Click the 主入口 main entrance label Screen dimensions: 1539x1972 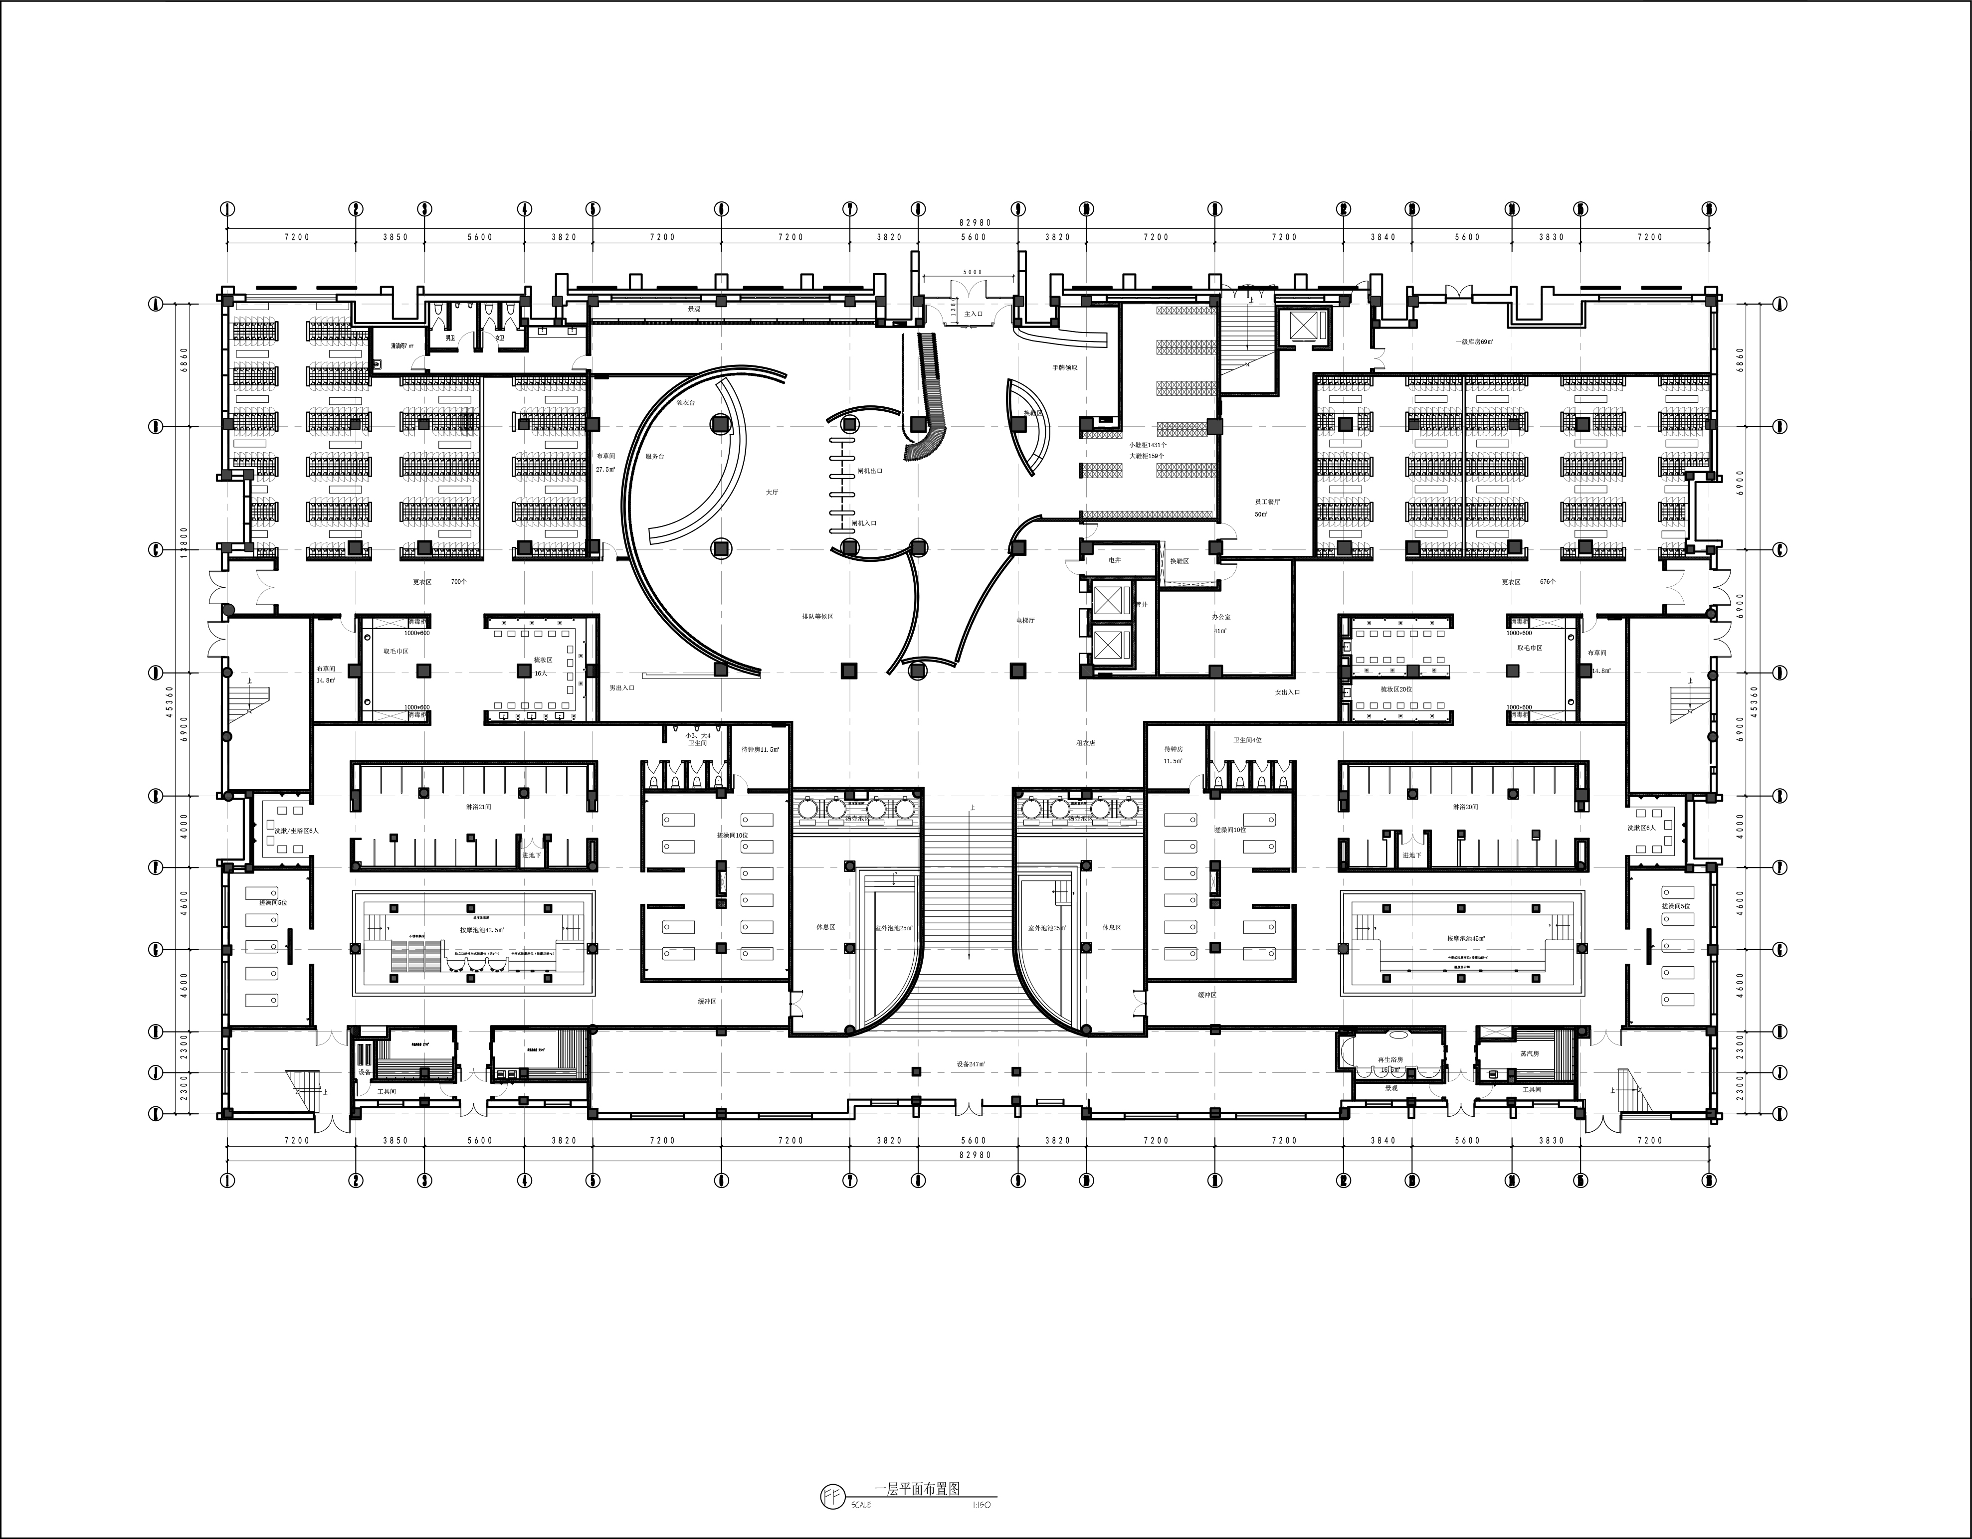(x=974, y=313)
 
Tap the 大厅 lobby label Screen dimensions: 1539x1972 (x=772, y=492)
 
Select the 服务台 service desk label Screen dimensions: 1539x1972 (x=655, y=457)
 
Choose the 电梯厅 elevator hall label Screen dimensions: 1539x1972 (x=1025, y=620)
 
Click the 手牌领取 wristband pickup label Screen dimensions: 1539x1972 (x=1065, y=367)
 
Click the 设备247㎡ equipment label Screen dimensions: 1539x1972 (x=971, y=1064)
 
